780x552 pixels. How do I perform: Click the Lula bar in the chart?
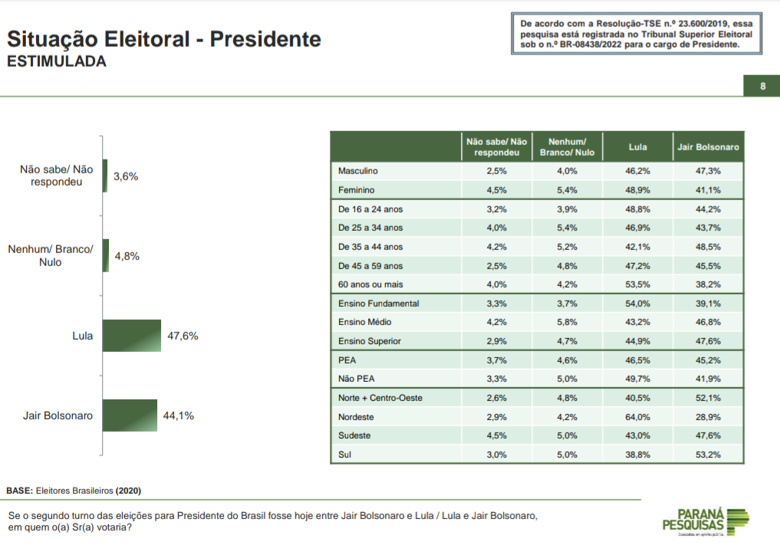132,336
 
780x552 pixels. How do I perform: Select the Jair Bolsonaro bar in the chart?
130,416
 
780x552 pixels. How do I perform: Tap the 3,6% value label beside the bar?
126,176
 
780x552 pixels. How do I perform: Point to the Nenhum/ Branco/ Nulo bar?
106,255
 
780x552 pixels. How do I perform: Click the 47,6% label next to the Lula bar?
183,336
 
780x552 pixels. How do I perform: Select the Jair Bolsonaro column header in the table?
708,147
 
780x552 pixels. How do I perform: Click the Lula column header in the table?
638,147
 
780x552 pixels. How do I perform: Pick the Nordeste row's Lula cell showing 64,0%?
638,417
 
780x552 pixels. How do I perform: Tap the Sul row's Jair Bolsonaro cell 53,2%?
708,455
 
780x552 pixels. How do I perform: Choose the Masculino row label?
357,170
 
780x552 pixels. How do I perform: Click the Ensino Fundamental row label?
379,304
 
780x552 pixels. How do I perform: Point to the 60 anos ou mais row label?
370,284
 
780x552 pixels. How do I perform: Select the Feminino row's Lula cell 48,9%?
638,190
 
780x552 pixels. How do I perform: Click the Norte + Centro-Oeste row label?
380,398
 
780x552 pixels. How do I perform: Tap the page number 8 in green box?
762,86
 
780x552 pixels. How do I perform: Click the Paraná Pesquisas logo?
706,521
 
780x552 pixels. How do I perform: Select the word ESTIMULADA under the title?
57,61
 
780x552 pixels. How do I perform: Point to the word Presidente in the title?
265,39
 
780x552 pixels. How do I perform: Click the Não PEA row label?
356,379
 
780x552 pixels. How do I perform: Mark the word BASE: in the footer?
20,491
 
